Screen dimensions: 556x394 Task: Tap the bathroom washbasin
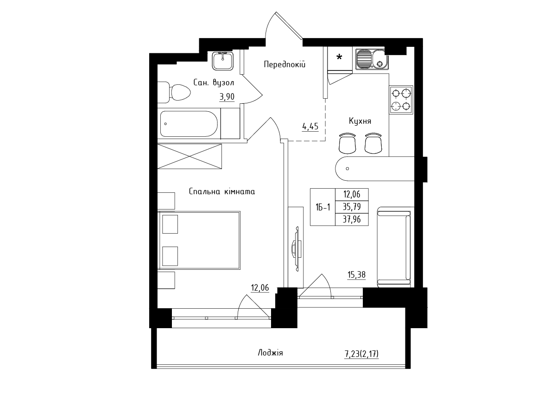[x=223, y=61]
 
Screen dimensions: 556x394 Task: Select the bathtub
[x=189, y=124]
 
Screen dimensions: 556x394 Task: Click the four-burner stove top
[x=401, y=100]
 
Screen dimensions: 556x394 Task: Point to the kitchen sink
[x=372, y=59]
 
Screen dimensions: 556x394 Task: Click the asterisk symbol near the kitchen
[x=339, y=57]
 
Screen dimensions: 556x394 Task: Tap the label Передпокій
[x=284, y=64]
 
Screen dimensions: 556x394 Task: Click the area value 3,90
[x=227, y=96]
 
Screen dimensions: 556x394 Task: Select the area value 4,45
[x=310, y=127]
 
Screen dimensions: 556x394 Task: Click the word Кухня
[x=360, y=121]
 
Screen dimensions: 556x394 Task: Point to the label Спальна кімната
[x=222, y=191]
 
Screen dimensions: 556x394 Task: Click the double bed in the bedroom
[x=199, y=240]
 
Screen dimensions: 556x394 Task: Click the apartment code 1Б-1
[x=322, y=207]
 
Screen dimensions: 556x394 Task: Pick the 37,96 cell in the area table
[x=352, y=219]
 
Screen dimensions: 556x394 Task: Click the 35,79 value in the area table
[x=352, y=207]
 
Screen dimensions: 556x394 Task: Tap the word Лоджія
[x=270, y=353]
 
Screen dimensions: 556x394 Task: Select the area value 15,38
[x=356, y=275]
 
